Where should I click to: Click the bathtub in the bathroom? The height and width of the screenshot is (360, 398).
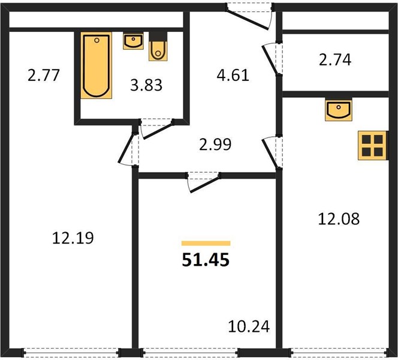[x=96, y=65]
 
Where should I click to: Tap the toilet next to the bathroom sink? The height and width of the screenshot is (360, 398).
[x=158, y=46]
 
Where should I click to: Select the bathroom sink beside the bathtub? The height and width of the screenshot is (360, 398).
[x=133, y=41]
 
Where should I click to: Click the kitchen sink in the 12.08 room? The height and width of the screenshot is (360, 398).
[x=338, y=109]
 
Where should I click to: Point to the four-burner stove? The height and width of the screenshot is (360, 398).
[x=372, y=146]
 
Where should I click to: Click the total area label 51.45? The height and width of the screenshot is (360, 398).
[x=206, y=260]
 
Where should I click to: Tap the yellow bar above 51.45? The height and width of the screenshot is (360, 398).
[x=206, y=244]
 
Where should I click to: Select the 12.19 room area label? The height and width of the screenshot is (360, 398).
[x=73, y=238]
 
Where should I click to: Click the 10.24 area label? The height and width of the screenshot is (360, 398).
[x=249, y=326]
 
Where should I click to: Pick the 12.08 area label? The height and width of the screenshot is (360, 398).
[x=339, y=219]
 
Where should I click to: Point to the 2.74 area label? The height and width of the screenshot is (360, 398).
[x=335, y=60]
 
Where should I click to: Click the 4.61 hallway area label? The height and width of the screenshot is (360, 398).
[x=233, y=76]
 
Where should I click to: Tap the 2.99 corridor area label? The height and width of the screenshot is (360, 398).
[x=215, y=145]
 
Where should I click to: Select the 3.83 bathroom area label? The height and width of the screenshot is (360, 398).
[x=146, y=85]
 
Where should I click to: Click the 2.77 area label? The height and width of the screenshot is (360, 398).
[x=44, y=75]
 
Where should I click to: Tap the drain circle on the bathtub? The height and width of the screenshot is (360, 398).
[x=97, y=40]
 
